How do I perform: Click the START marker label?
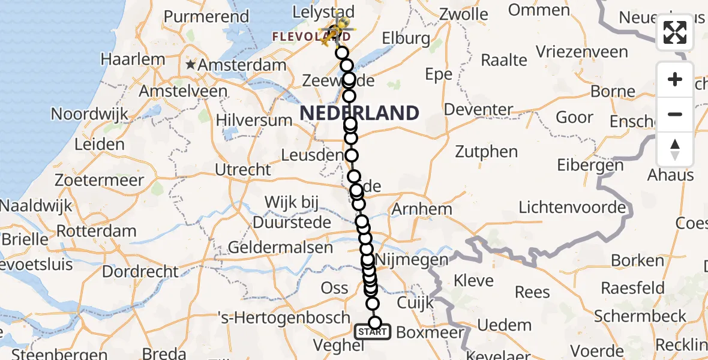(x=373, y=331)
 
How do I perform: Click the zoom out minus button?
(x=675, y=114)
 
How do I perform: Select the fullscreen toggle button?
(x=675, y=32)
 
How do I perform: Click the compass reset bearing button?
(x=675, y=149)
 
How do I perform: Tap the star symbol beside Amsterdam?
(x=191, y=64)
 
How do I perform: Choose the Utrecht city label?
(x=243, y=170)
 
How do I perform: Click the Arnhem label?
(x=421, y=209)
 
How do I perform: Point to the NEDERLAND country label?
(x=359, y=113)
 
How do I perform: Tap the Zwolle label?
(x=464, y=14)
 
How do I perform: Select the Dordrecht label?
(x=140, y=271)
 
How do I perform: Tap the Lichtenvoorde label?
(x=572, y=208)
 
